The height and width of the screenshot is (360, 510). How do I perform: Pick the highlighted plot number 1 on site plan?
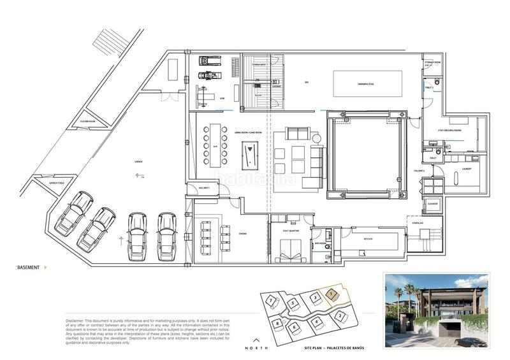click(331, 294)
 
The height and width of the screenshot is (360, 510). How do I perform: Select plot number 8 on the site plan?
click(279, 324)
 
